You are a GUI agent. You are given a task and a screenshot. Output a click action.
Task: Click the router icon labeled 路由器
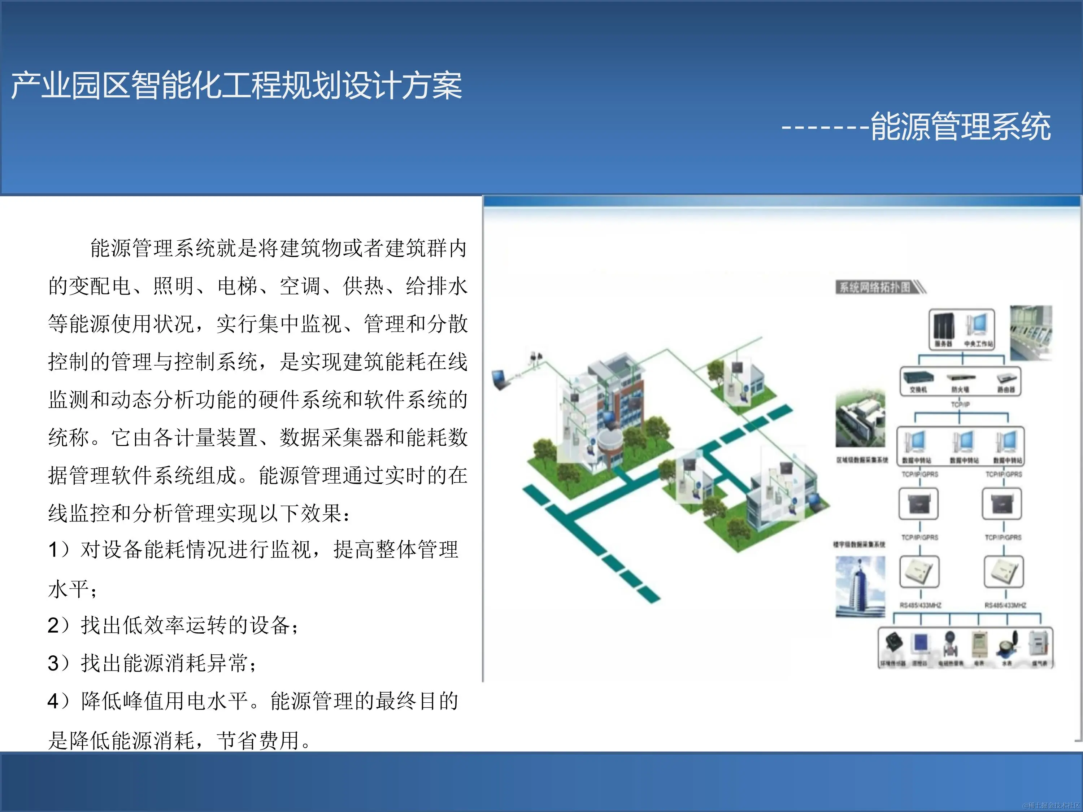pos(1006,378)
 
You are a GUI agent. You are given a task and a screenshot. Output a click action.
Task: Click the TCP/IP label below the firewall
pos(960,404)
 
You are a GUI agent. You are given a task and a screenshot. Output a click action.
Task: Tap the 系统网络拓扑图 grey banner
pos(875,287)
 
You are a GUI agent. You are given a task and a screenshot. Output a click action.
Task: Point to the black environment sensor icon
pos(894,642)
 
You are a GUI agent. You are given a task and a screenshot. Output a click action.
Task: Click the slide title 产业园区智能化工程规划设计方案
pos(236,86)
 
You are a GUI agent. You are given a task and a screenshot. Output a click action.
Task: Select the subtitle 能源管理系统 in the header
pos(961,127)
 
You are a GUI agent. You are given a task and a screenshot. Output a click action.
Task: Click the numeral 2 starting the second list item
pos(53,625)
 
